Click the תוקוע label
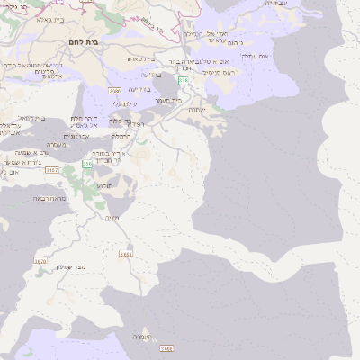coord(105,184)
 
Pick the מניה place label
coord(112,218)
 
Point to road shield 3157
coord(50,169)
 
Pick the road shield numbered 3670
coord(40,261)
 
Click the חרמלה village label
coord(121,136)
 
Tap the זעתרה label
coord(196,110)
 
